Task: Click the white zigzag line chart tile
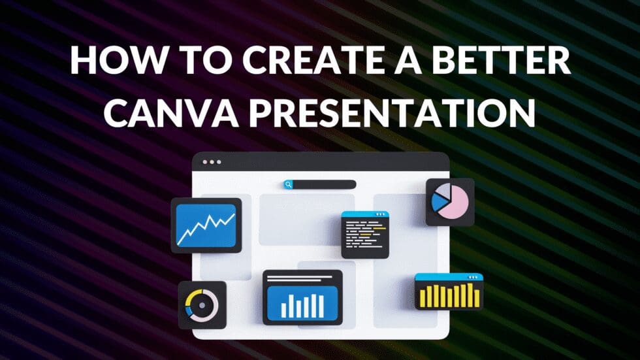(x=206, y=225)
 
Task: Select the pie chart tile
(x=450, y=202)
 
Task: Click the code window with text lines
(x=365, y=234)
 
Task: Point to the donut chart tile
(x=202, y=304)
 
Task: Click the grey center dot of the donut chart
(x=202, y=304)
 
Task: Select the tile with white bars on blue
(x=302, y=297)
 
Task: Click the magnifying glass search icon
(x=288, y=185)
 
